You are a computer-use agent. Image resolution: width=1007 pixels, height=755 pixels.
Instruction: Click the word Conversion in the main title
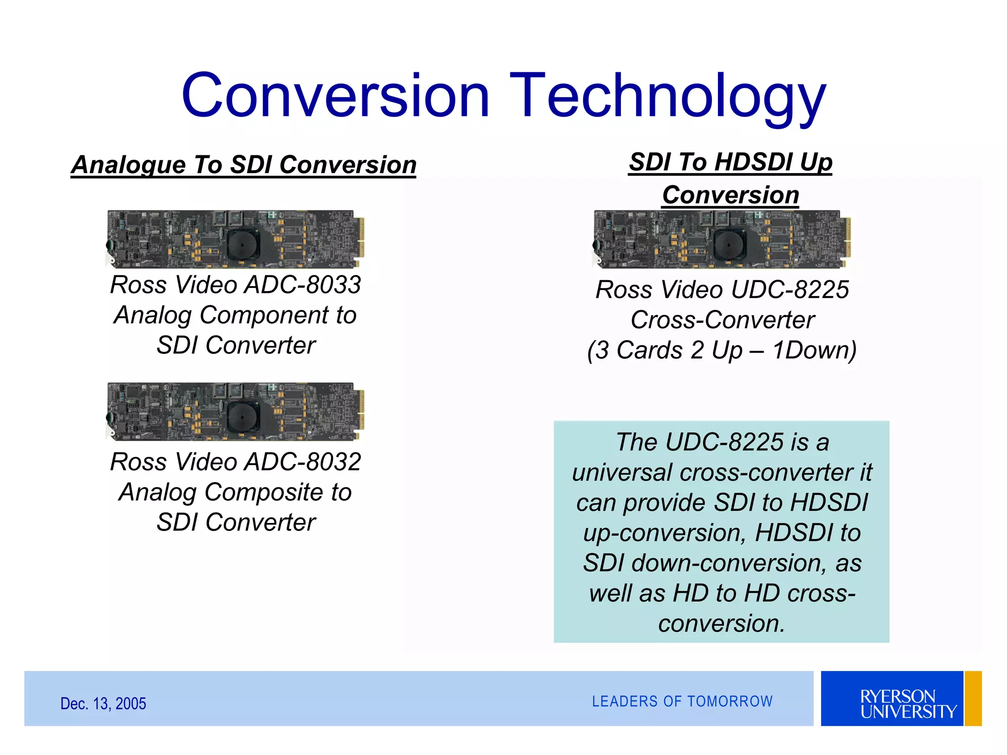click(335, 96)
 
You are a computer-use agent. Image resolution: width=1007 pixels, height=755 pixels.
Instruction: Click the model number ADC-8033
click(303, 285)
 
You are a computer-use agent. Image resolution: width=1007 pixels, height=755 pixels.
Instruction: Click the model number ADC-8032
click(303, 462)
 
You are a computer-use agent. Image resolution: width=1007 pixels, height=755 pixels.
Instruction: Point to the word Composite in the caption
click(264, 493)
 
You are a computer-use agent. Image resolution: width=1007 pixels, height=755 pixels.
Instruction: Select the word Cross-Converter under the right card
click(723, 320)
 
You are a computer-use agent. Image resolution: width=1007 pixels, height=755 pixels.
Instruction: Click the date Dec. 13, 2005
click(103, 704)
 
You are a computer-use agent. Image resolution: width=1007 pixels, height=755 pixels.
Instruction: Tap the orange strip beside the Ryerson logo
click(973, 698)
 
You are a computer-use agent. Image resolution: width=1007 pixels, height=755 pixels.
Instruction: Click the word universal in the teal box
click(622, 473)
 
